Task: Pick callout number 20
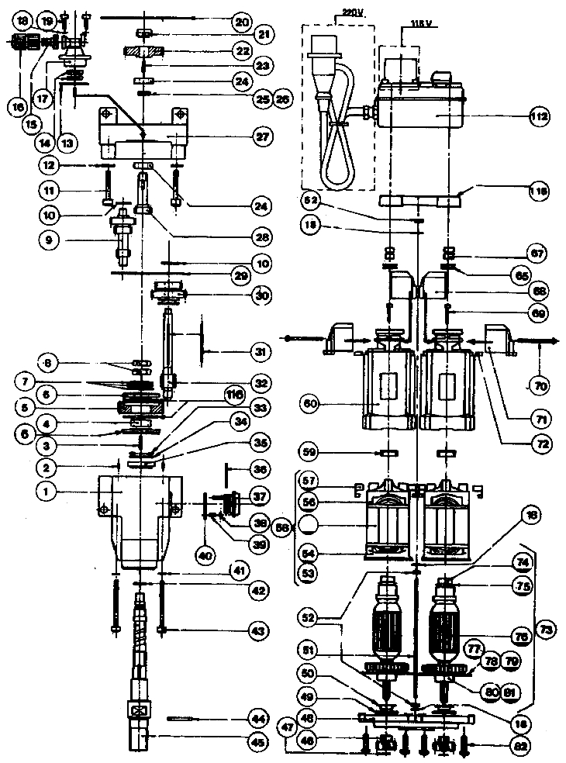pyautogui.click(x=243, y=22)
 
